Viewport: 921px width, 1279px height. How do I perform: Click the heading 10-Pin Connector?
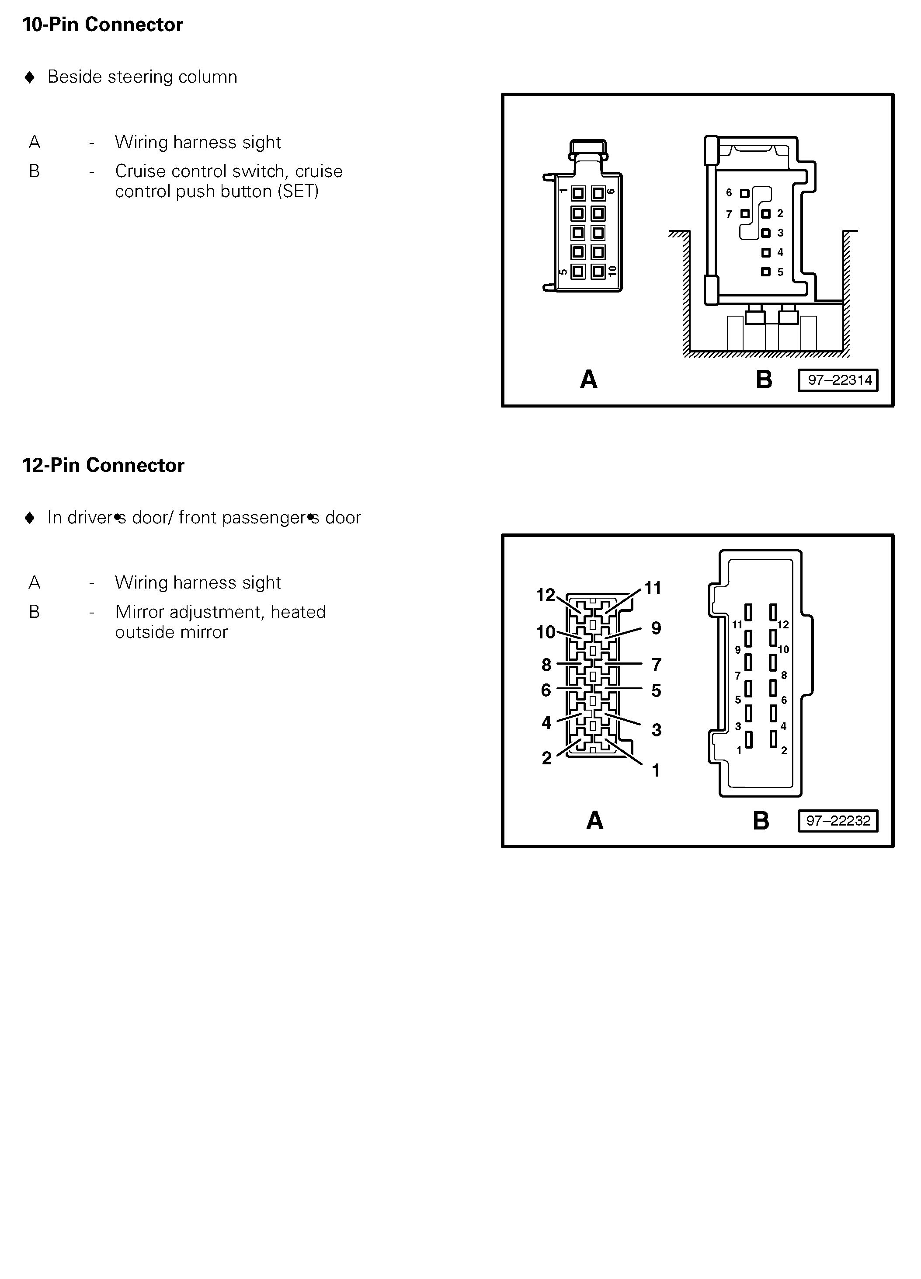tap(103, 25)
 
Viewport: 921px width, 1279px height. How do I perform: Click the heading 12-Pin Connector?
tap(103, 465)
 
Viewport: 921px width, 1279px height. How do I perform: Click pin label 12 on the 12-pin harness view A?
tap(545, 595)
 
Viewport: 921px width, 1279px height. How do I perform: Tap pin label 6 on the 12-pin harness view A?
tap(546, 690)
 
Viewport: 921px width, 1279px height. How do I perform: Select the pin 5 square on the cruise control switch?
tap(765, 272)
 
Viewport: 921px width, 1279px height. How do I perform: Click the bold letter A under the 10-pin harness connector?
tap(588, 380)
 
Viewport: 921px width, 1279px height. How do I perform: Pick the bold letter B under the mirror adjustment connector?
tap(761, 821)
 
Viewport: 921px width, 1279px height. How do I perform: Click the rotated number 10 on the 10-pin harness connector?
tap(613, 271)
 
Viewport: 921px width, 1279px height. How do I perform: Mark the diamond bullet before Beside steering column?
tap(30, 77)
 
